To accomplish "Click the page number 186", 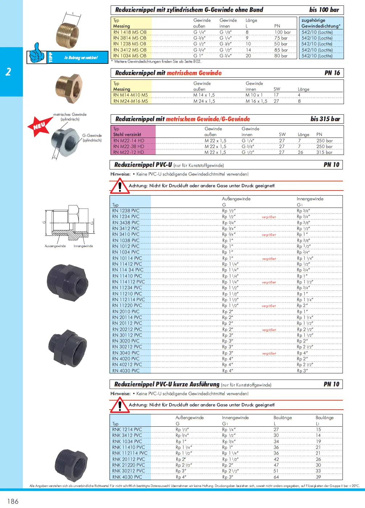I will [x=13, y=501].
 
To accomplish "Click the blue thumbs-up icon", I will [x=37, y=53].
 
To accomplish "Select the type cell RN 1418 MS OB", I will [x=130, y=32].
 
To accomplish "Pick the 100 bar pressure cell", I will [x=282, y=32].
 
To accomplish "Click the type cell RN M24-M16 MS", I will [x=131, y=101].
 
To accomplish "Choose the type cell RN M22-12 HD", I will [x=129, y=152].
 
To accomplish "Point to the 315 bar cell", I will [x=324, y=152].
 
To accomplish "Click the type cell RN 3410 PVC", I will [x=126, y=234].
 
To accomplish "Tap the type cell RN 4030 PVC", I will [x=126, y=370].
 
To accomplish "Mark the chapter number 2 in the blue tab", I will [x=8, y=71].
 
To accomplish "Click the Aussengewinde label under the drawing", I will [x=55, y=246].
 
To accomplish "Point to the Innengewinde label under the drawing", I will [x=83, y=246].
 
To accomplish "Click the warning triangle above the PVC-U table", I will [x=119, y=186].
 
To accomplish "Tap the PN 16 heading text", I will [x=332, y=73].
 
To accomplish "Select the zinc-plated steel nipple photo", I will [x=65, y=141].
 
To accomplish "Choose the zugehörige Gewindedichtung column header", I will [x=321, y=23].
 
